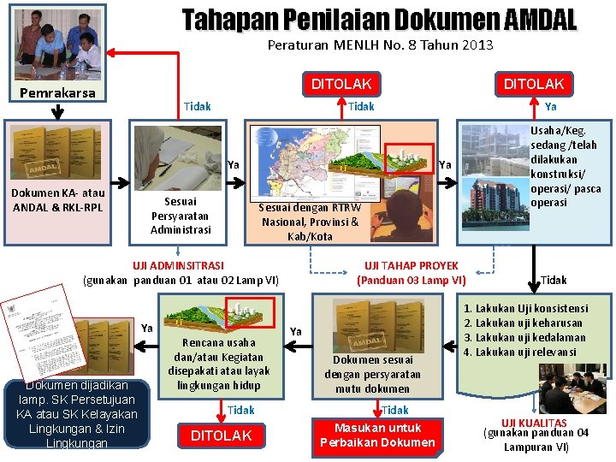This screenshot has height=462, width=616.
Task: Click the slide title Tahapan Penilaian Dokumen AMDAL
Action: point(379,20)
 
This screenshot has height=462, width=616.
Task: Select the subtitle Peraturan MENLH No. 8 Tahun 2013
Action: point(380,45)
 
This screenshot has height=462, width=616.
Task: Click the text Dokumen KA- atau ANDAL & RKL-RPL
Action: point(58,200)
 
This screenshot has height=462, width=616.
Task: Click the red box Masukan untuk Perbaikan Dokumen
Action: point(377,435)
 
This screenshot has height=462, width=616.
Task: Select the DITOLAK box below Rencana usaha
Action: point(221,435)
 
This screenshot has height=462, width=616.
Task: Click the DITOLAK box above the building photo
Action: point(533,84)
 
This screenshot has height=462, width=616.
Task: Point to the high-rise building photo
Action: point(494,172)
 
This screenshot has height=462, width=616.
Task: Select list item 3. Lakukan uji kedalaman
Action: point(537,337)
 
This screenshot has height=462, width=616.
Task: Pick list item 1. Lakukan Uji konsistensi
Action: point(537,308)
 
